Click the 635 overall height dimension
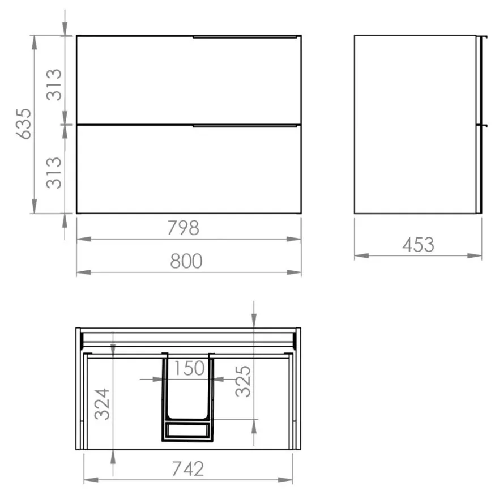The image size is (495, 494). tap(24, 124)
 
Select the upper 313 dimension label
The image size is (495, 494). tap(54, 84)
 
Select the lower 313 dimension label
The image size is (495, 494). tap(54, 173)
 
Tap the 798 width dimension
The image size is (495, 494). tap(183, 228)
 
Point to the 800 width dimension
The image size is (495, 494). tap(186, 261)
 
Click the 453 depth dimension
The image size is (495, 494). tap(419, 245)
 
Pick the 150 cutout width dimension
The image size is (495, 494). tap(189, 368)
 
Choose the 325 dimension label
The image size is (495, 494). tap(243, 381)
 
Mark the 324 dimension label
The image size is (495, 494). tap(103, 404)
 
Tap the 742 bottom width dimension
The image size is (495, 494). tap(188, 469)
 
